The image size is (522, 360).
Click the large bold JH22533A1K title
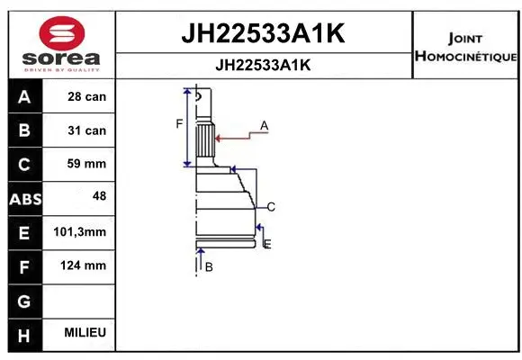coord(264,33)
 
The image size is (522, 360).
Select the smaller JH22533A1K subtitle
coord(264,65)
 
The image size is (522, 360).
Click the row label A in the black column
coord(23,96)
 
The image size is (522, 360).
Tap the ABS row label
coord(23,198)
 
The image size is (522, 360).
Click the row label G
coord(23,300)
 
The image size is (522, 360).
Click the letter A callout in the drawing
coord(265,126)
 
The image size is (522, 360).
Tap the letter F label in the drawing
coord(179,123)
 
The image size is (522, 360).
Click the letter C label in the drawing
coord(270,207)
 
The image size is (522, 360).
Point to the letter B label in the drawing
coord(208,266)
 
